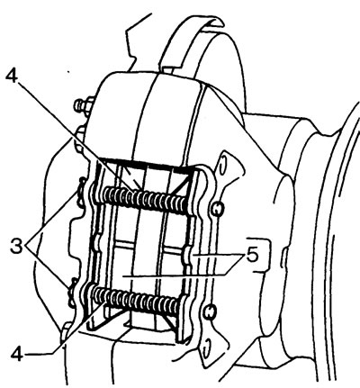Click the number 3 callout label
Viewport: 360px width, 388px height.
click(16, 247)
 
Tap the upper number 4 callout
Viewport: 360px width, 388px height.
click(13, 77)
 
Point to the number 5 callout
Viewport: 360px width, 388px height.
click(251, 256)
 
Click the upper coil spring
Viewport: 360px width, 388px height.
click(143, 199)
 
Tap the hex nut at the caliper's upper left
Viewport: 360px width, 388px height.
click(84, 106)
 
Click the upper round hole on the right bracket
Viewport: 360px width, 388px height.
click(217, 208)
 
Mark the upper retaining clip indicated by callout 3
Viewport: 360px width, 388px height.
click(81, 192)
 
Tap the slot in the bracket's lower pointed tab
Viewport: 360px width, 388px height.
click(206, 347)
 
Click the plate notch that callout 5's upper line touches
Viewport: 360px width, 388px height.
click(187, 257)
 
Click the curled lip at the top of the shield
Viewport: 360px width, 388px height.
click(214, 23)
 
